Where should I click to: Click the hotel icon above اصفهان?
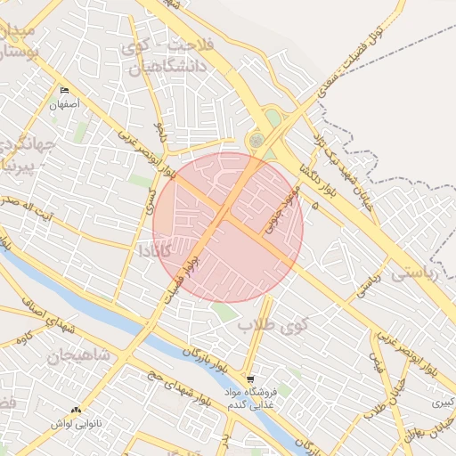click(63, 91)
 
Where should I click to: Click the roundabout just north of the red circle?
click(256, 140)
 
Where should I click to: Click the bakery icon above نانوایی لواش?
click(76, 411)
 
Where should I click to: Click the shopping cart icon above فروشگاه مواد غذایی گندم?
click(250, 378)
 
